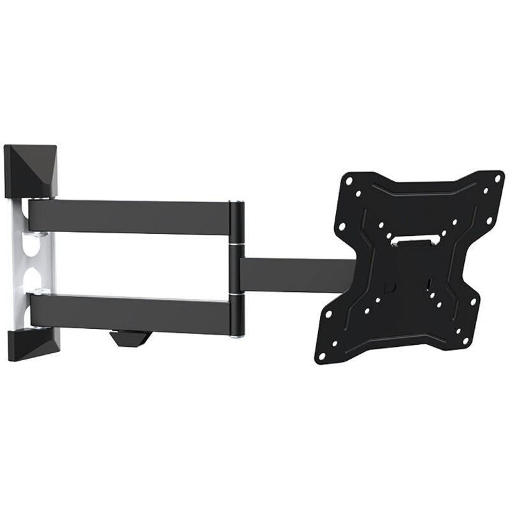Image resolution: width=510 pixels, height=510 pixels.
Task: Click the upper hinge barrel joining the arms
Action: [235, 223]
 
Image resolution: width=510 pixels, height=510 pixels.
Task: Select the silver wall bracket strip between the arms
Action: [19, 261]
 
